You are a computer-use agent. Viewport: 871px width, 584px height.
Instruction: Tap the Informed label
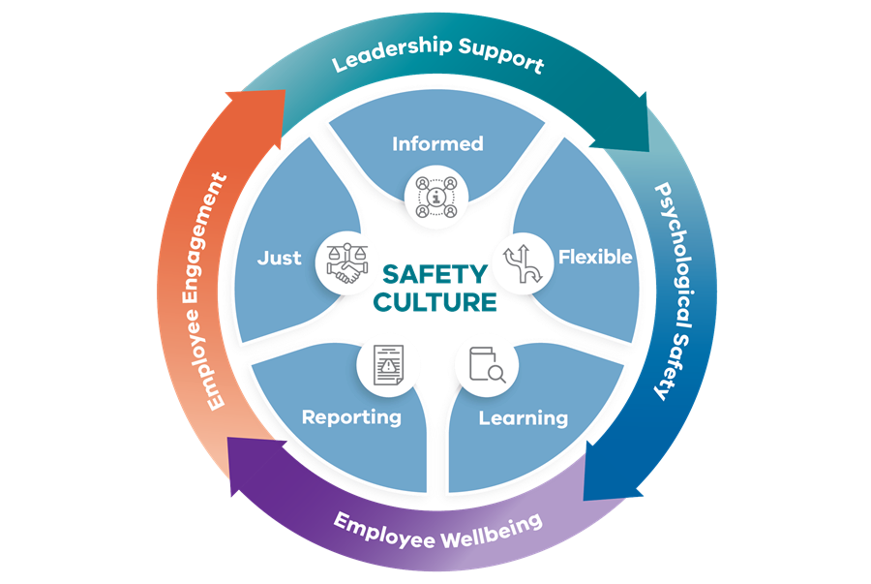pyautogui.click(x=437, y=144)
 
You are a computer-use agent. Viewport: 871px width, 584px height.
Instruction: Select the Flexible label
pyautogui.click(x=595, y=258)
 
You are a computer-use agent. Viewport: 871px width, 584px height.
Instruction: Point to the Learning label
pyautogui.click(x=524, y=418)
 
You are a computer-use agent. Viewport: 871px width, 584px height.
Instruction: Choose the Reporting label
pyautogui.click(x=351, y=417)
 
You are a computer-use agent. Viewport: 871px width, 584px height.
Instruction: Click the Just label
pyautogui.click(x=280, y=259)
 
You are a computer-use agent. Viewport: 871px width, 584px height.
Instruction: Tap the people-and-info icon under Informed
pyautogui.click(x=436, y=195)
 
